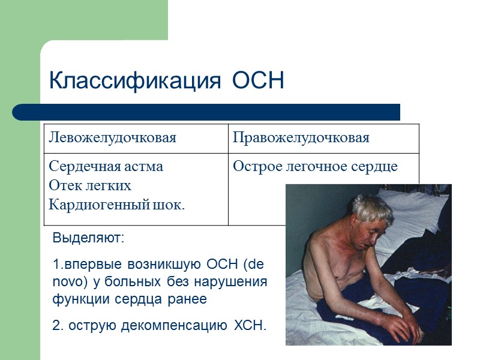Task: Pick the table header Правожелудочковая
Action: [x=301, y=138]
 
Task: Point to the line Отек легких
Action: [x=89, y=185]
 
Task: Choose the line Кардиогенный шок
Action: [x=116, y=205]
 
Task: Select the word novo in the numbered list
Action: [x=69, y=282]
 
